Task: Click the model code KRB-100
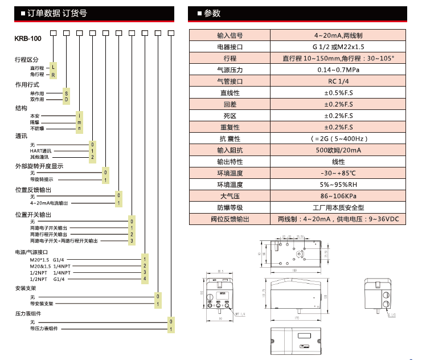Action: (27, 39)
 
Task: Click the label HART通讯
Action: (40, 151)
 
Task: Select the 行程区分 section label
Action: (27, 59)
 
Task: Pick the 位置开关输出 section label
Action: (33, 215)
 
